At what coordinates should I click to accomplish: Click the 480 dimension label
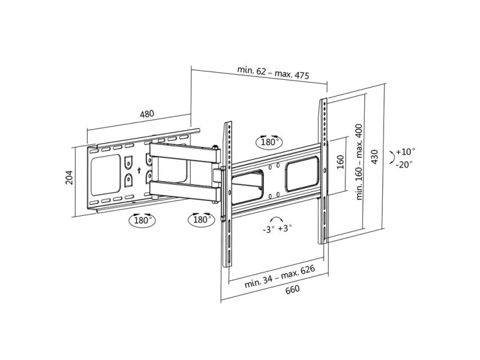click(x=147, y=114)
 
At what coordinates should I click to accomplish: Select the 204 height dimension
click(x=70, y=177)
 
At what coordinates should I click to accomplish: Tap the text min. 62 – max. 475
click(x=273, y=73)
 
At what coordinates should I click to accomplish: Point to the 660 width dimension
click(x=292, y=289)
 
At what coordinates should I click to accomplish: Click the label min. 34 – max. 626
click(x=280, y=277)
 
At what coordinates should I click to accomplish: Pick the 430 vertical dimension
click(x=374, y=157)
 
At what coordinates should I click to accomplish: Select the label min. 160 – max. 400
click(x=359, y=161)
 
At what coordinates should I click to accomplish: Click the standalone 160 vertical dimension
click(x=340, y=162)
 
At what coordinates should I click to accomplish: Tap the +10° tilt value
click(x=406, y=152)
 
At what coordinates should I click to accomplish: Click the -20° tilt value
click(x=404, y=164)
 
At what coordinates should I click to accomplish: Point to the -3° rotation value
click(x=268, y=229)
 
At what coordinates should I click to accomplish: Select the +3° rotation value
click(x=284, y=228)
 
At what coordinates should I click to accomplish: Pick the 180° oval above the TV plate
click(x=269, y=142)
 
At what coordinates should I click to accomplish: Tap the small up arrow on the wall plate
click(x=139, y=170)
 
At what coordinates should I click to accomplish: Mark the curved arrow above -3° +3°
click(x=277, y=218)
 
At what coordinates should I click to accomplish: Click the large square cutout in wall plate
click(x=106, y=175)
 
